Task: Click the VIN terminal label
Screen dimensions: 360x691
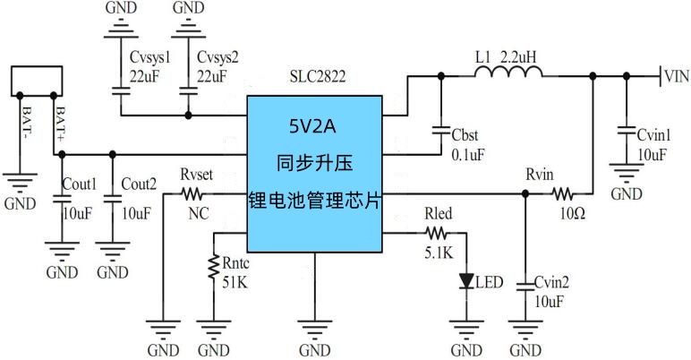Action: coord(676,76)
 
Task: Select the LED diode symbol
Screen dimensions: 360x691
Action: coord(466,281)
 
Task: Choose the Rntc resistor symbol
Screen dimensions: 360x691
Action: coord(214,267)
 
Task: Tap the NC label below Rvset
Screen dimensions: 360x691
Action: coord(198,215)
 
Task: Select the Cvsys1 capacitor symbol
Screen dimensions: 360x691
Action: coord(119,90)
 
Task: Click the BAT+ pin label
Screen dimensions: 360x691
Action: coord(60,121)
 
